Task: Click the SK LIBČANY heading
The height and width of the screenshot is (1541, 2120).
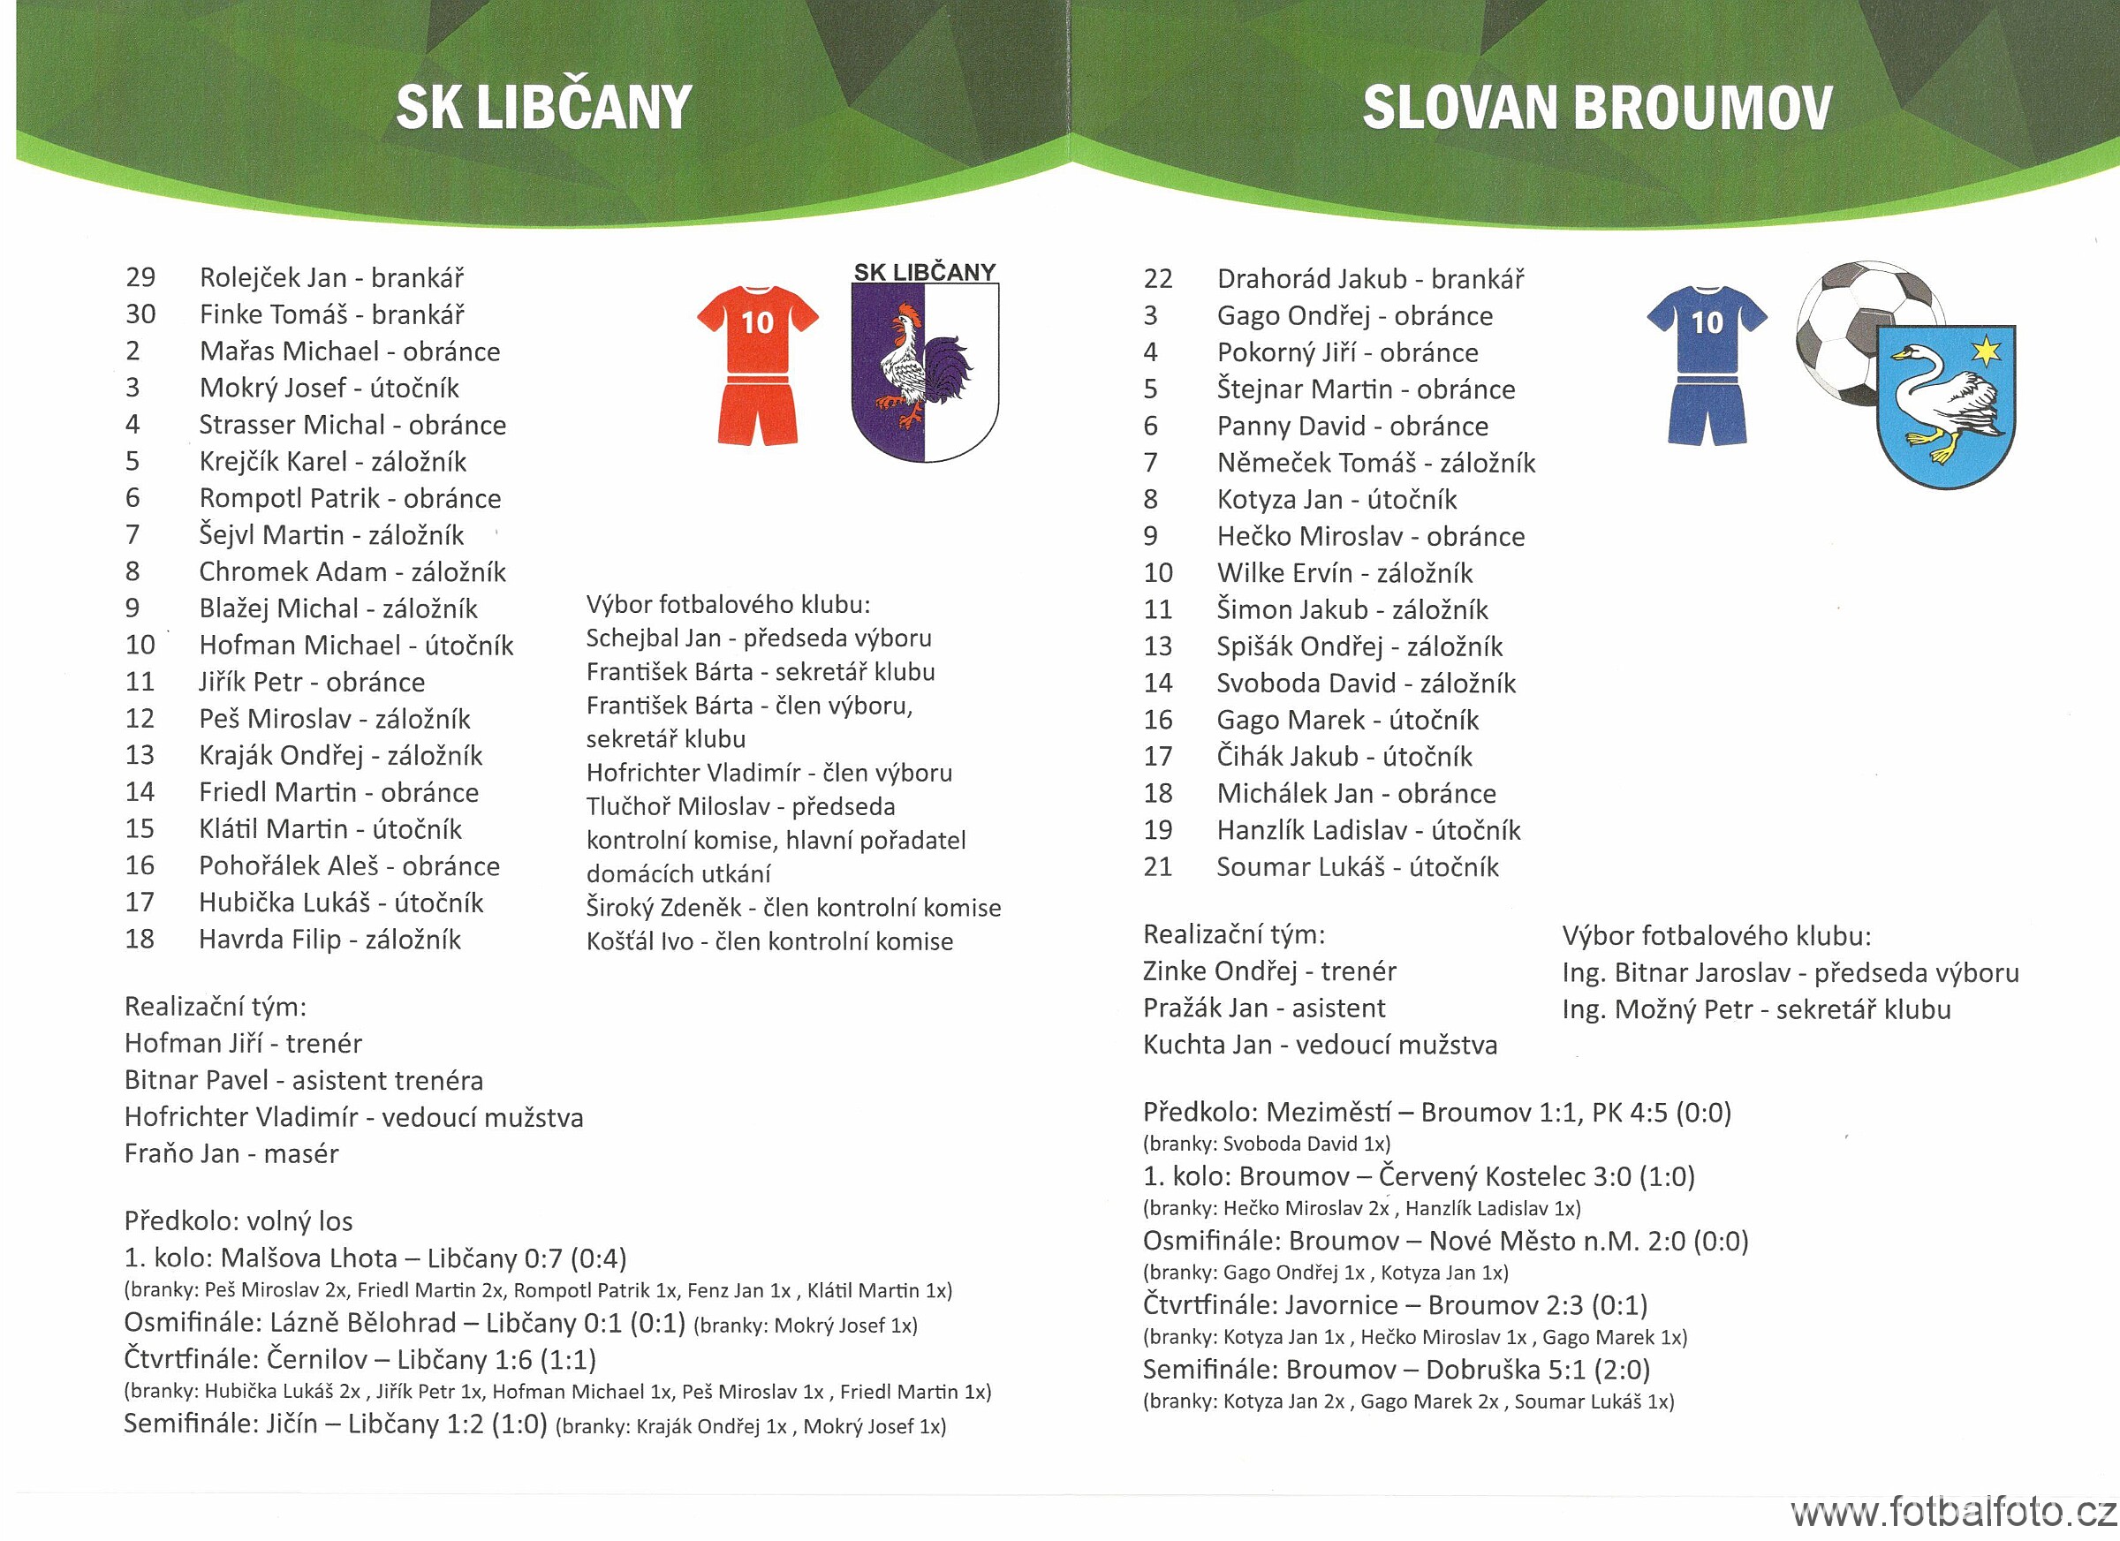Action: pyautogui.click(x=543, y=108)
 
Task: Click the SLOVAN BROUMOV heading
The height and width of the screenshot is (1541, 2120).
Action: pyautogui.click(x=1596, y=108)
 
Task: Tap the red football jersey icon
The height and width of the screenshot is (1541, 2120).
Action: pyautogui.click(x=757, y=365)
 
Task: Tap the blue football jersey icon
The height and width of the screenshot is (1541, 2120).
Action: pyautogui.click(x=1707, y=365)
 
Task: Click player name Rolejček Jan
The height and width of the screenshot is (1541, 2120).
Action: pyautogui.click(x=273, y=277)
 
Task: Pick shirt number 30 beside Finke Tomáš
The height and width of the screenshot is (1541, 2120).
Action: pyautogui.click(x=140, y=314)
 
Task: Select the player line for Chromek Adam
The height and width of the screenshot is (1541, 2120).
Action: pyautogui.click(x=352, y=571)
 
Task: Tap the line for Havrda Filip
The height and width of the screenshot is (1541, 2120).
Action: pyautogui.click(x=329, y=940)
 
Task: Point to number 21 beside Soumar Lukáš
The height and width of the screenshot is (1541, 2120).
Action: pyautogui.click(x=1157, y=866)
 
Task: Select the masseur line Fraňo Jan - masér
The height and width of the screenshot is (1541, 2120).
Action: pyautogui.click(x=231, y=1153)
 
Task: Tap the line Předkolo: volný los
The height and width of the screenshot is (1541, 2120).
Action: pyautogui.click(x=238, y=1220)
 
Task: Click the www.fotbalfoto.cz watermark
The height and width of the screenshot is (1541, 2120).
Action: pyautogui.click(x=1954, y=1513)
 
